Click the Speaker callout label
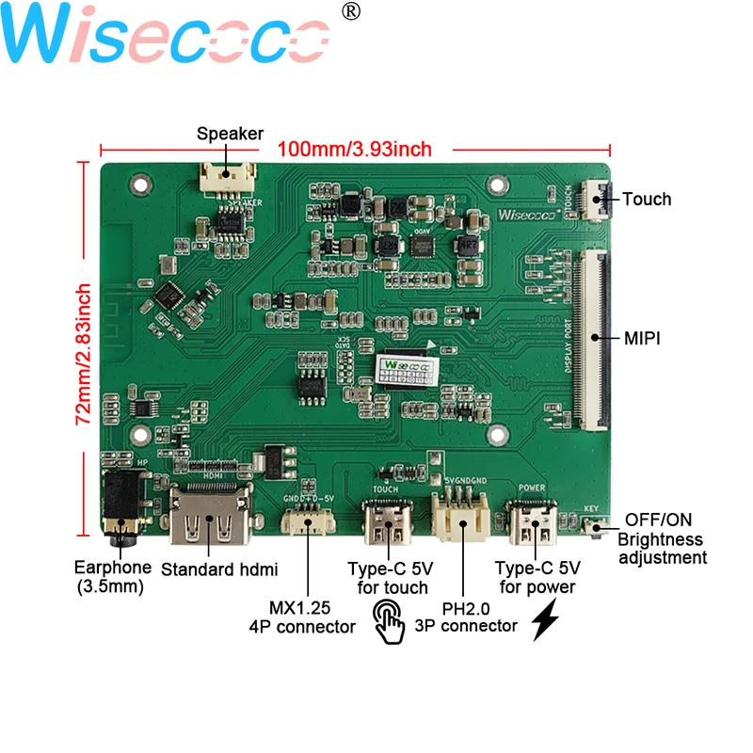click(x=230, y=133)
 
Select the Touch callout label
click(x=647, y=199)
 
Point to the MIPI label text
click(x=642, y=338)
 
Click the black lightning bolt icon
click(x=548, y=621)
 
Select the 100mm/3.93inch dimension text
click(x=355, y=149)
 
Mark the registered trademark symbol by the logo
click(x=349, y=11)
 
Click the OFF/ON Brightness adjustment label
click(x=662, y=539)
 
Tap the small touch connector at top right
click(x=595, y=199)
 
